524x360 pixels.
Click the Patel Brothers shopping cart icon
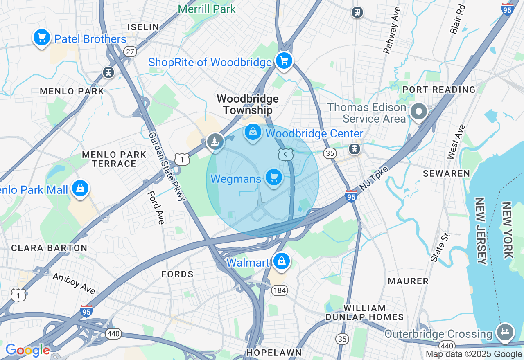tap(41, 38)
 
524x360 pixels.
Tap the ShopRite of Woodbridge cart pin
tap(284, 61)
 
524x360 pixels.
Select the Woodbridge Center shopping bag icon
tap(253, 133)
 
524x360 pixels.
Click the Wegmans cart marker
tap(274, 178)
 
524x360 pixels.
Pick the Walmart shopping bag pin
tap(281, 261)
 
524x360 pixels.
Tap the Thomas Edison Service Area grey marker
tap(419, 112)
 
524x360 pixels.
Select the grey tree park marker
tap(215, 142)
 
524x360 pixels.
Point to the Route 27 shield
tap(130, 51)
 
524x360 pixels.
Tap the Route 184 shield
tap(280, 290)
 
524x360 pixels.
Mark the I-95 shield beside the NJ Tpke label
tap(351, 196)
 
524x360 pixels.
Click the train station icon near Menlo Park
tap(108, 72)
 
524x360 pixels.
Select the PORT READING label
tap(439, 90)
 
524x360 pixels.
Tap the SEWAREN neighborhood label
tap(446, 173)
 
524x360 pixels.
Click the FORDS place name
tap(177, 274)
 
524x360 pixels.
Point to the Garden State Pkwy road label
tap(167, 166)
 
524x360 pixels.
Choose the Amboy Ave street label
tap(74, 283)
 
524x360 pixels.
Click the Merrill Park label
tap(207, 9)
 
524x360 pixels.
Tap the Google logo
tap(27, 351)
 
